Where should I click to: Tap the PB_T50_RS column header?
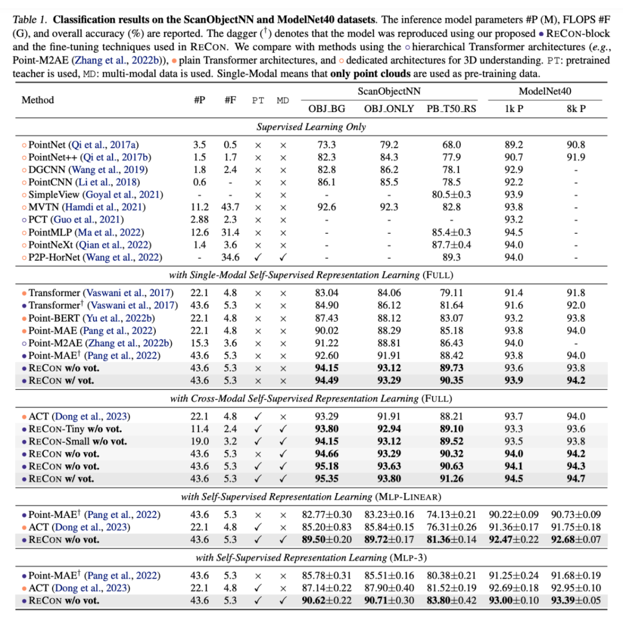(x=452, y=109)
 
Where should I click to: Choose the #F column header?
(x=231, y=100)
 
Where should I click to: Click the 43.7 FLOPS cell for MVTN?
(x=231, y=206)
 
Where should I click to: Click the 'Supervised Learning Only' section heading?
(x=311, y=126)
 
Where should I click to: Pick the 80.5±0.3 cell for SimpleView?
(x=452, y=194)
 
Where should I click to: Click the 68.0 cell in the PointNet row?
(x=452, y=145)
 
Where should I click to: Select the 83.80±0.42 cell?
(x=452, y=600)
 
